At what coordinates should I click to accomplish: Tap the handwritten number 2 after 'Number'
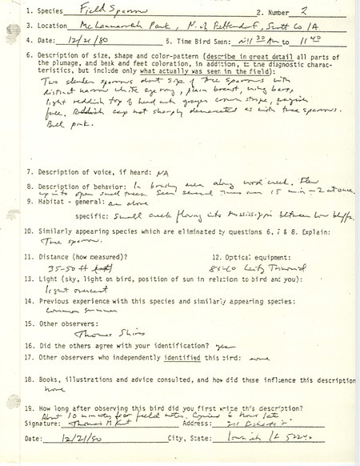coord(286,13)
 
